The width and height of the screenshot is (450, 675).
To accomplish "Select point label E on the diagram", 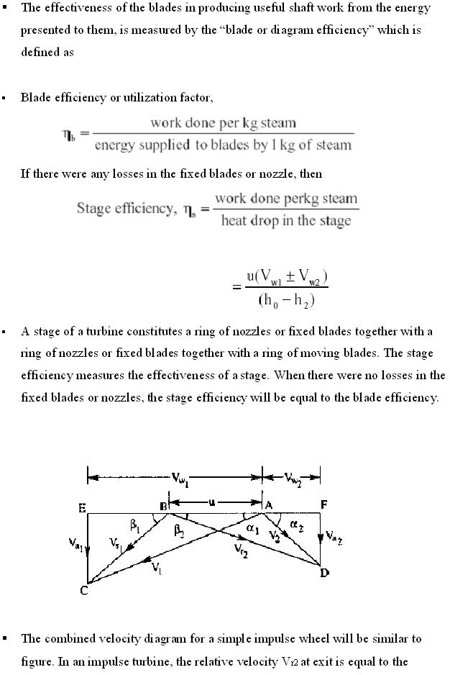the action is (x=81, y=508).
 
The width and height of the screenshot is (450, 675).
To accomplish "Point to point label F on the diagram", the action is (x=323, y=505).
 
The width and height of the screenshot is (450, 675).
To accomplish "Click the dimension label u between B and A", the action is (x=212, y=502).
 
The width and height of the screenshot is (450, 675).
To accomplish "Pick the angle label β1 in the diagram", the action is (x=135, y=527).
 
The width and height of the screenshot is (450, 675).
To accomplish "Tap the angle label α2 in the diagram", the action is (x=295, y=528).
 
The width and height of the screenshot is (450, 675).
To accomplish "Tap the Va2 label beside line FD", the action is (x=334, y=536).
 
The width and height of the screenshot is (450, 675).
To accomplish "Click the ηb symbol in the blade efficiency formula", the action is (x=71, y=135).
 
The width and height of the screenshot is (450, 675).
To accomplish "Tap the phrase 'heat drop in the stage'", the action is (x=286, y=220).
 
